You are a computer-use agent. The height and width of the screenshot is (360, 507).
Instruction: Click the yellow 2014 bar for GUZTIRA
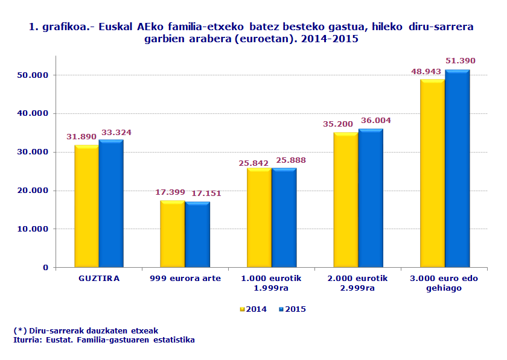click(86, 206)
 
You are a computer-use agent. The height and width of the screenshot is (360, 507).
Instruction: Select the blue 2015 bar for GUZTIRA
click(111, 204)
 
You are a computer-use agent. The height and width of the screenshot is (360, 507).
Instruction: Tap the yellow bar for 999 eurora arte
click(172, 234)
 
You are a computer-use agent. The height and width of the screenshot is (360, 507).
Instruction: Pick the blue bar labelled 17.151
click(197, 235)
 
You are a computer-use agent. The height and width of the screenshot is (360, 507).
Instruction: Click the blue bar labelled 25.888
click(284, 218)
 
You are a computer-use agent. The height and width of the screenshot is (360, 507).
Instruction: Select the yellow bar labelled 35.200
click(345, 200)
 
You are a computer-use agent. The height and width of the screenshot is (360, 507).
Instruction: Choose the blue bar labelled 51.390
click(457, 169)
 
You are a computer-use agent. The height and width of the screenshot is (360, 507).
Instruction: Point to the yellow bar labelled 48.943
click(432, 174)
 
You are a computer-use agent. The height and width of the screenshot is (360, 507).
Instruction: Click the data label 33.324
click(116, 133)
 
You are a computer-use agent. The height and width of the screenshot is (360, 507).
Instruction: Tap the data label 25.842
click(254, 163)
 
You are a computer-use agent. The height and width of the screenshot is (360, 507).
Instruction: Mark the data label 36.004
click(375, 121)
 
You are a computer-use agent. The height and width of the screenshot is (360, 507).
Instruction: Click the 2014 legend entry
click(253, 309)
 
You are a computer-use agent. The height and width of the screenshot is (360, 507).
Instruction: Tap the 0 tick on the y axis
click(45, 268)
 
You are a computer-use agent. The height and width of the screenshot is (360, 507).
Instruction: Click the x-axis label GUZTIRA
click(99, 279)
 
